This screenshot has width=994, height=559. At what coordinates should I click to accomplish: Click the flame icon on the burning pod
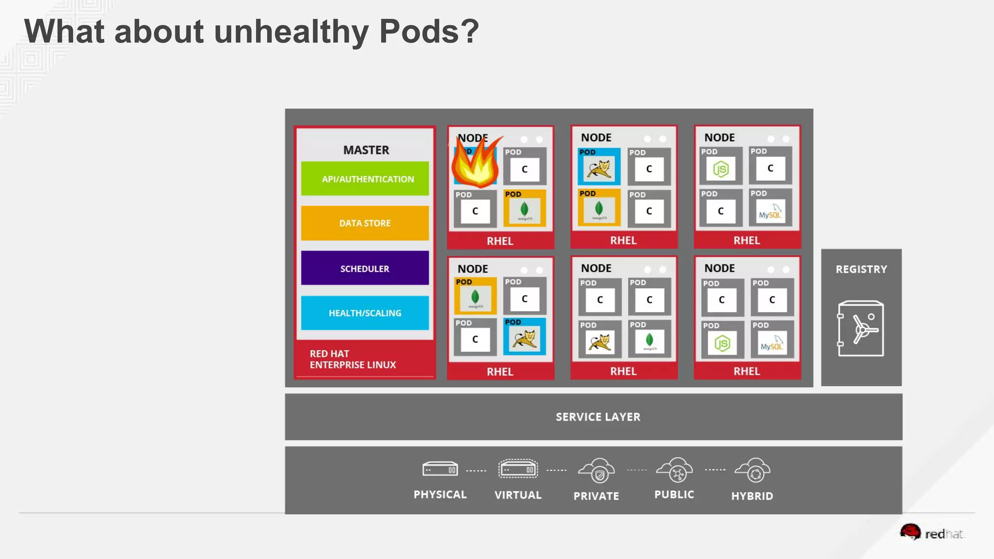(x=476, y=163)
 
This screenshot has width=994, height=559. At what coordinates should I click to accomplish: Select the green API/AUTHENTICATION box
(x=365, y=179)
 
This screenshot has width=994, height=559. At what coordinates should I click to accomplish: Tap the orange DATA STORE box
(x=365, y=223)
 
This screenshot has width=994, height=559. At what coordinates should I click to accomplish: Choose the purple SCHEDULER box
(x=365, y=268)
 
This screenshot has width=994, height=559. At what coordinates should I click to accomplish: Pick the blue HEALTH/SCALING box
(x=365, y=313)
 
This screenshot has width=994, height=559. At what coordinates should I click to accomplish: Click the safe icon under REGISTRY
(x=861, y=329)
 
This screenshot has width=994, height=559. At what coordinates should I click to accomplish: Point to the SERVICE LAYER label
(x=598, y=417)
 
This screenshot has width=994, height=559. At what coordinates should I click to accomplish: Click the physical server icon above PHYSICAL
(x=440, y=469)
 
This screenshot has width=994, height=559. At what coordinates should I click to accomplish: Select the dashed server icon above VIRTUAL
(x=518, y=469)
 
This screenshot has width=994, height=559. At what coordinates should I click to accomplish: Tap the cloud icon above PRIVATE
(x=596, y=471)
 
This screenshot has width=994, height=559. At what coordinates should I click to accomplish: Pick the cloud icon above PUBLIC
(x=674, y=470)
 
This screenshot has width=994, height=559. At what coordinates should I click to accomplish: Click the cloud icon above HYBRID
(x=752, y=470)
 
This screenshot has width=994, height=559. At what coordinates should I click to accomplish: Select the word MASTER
(x=366, y=150)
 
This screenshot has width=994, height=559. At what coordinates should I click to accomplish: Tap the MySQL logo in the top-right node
(x=770, y=212)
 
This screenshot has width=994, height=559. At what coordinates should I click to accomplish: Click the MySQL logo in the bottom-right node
(x=772, y=343)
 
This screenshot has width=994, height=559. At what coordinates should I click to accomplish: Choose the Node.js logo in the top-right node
(x=721, y=169)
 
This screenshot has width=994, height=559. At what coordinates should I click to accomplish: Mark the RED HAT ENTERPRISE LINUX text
(x=353, y=359)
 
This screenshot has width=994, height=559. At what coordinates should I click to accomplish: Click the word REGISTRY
(x=861, y=269)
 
